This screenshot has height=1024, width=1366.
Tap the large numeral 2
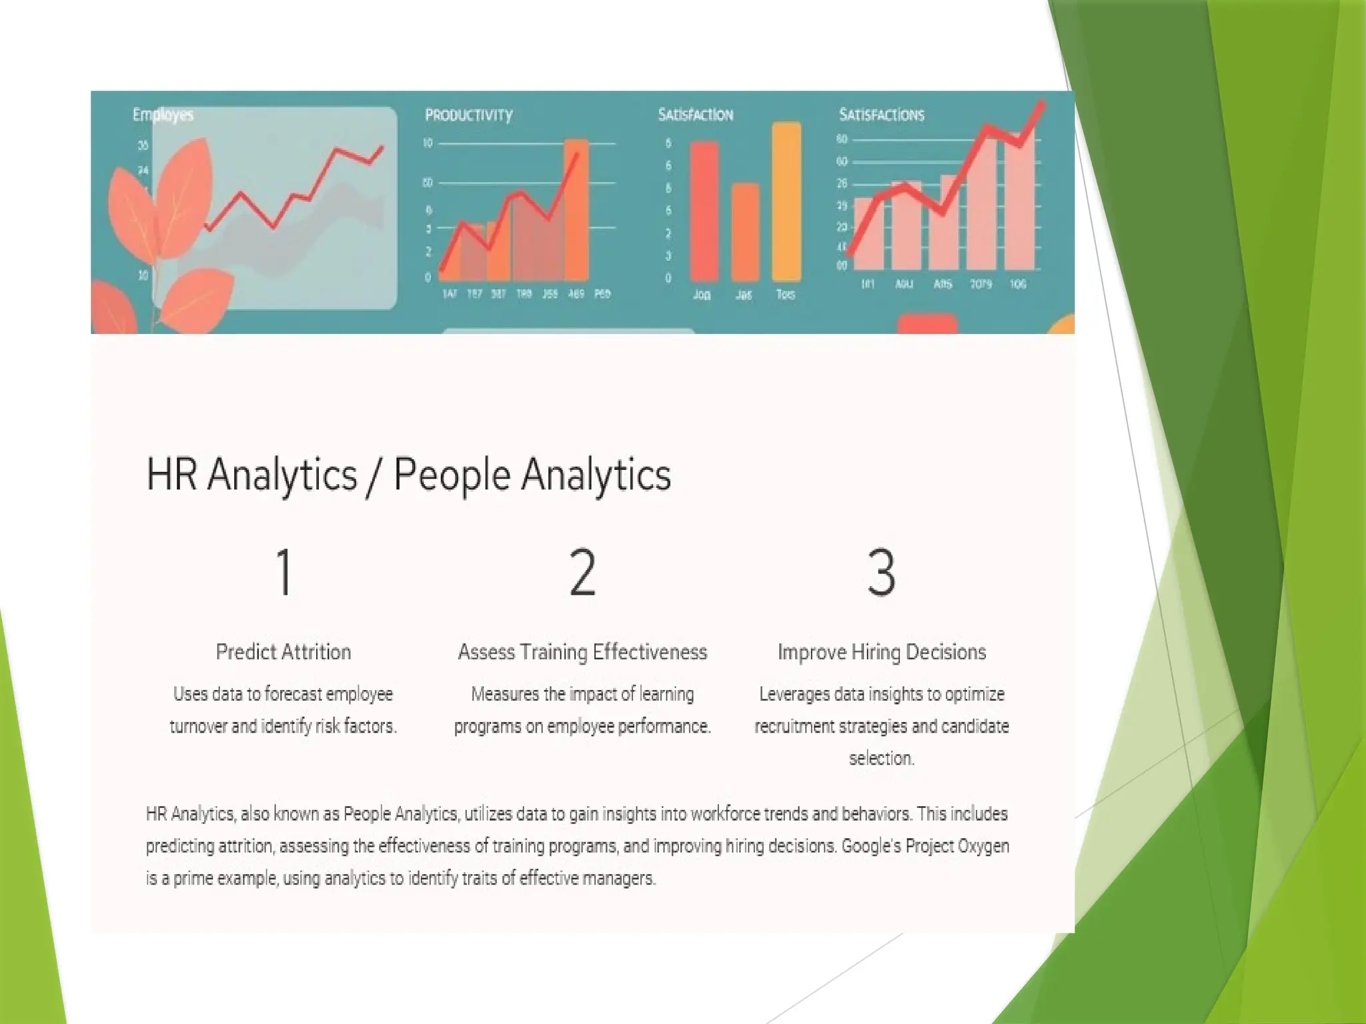(x=582, y=572)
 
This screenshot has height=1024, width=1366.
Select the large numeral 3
(x=881, y=572)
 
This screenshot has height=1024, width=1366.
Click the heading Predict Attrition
(x=283, y=651)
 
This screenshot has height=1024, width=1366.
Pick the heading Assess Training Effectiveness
(x=582, y=651)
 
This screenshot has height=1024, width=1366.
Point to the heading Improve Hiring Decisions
(x=881, y=651)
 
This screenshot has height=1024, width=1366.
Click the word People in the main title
(x=452, y=475)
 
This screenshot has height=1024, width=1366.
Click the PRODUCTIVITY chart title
(x=469, y=115)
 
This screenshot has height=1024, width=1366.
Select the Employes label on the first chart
(x=163, y=115)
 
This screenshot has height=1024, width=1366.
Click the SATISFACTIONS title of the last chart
(x=881, y=115)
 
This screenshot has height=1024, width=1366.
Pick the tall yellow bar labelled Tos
(x=786, y=200)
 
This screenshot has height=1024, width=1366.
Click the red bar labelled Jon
(x=704, y=210)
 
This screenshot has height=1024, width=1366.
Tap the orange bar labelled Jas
(x=745, y=231)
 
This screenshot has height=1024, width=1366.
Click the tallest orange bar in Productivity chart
(x=576, y=210)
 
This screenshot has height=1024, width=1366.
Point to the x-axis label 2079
(x=980, y=285)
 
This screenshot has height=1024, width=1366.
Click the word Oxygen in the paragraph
(x=983, y=846)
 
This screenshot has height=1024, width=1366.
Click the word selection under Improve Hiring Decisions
(x=881, y=758)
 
